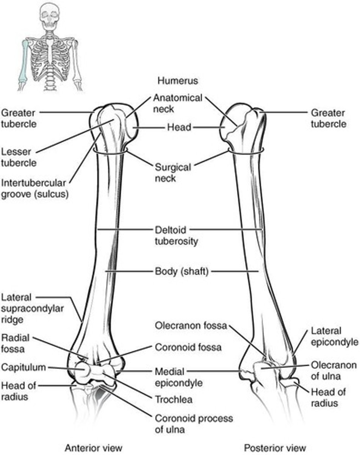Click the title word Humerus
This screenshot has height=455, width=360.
point(178,80)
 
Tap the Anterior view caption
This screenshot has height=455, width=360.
point(94,447)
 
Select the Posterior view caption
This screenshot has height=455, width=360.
point(275,447)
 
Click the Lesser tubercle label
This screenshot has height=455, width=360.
point(19,157)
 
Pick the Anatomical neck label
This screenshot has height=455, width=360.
point(177,103)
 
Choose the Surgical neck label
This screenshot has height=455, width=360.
point(173,172)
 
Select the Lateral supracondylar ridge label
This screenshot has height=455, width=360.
point(33,308)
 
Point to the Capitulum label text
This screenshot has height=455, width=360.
point(23,367)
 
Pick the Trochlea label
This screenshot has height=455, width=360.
point(174,399)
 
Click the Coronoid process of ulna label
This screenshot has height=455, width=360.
point(193,424)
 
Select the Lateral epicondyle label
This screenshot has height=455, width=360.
point(334,337)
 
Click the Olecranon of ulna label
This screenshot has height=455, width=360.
point(333,371)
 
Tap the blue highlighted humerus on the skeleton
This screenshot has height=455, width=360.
point(24,61)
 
